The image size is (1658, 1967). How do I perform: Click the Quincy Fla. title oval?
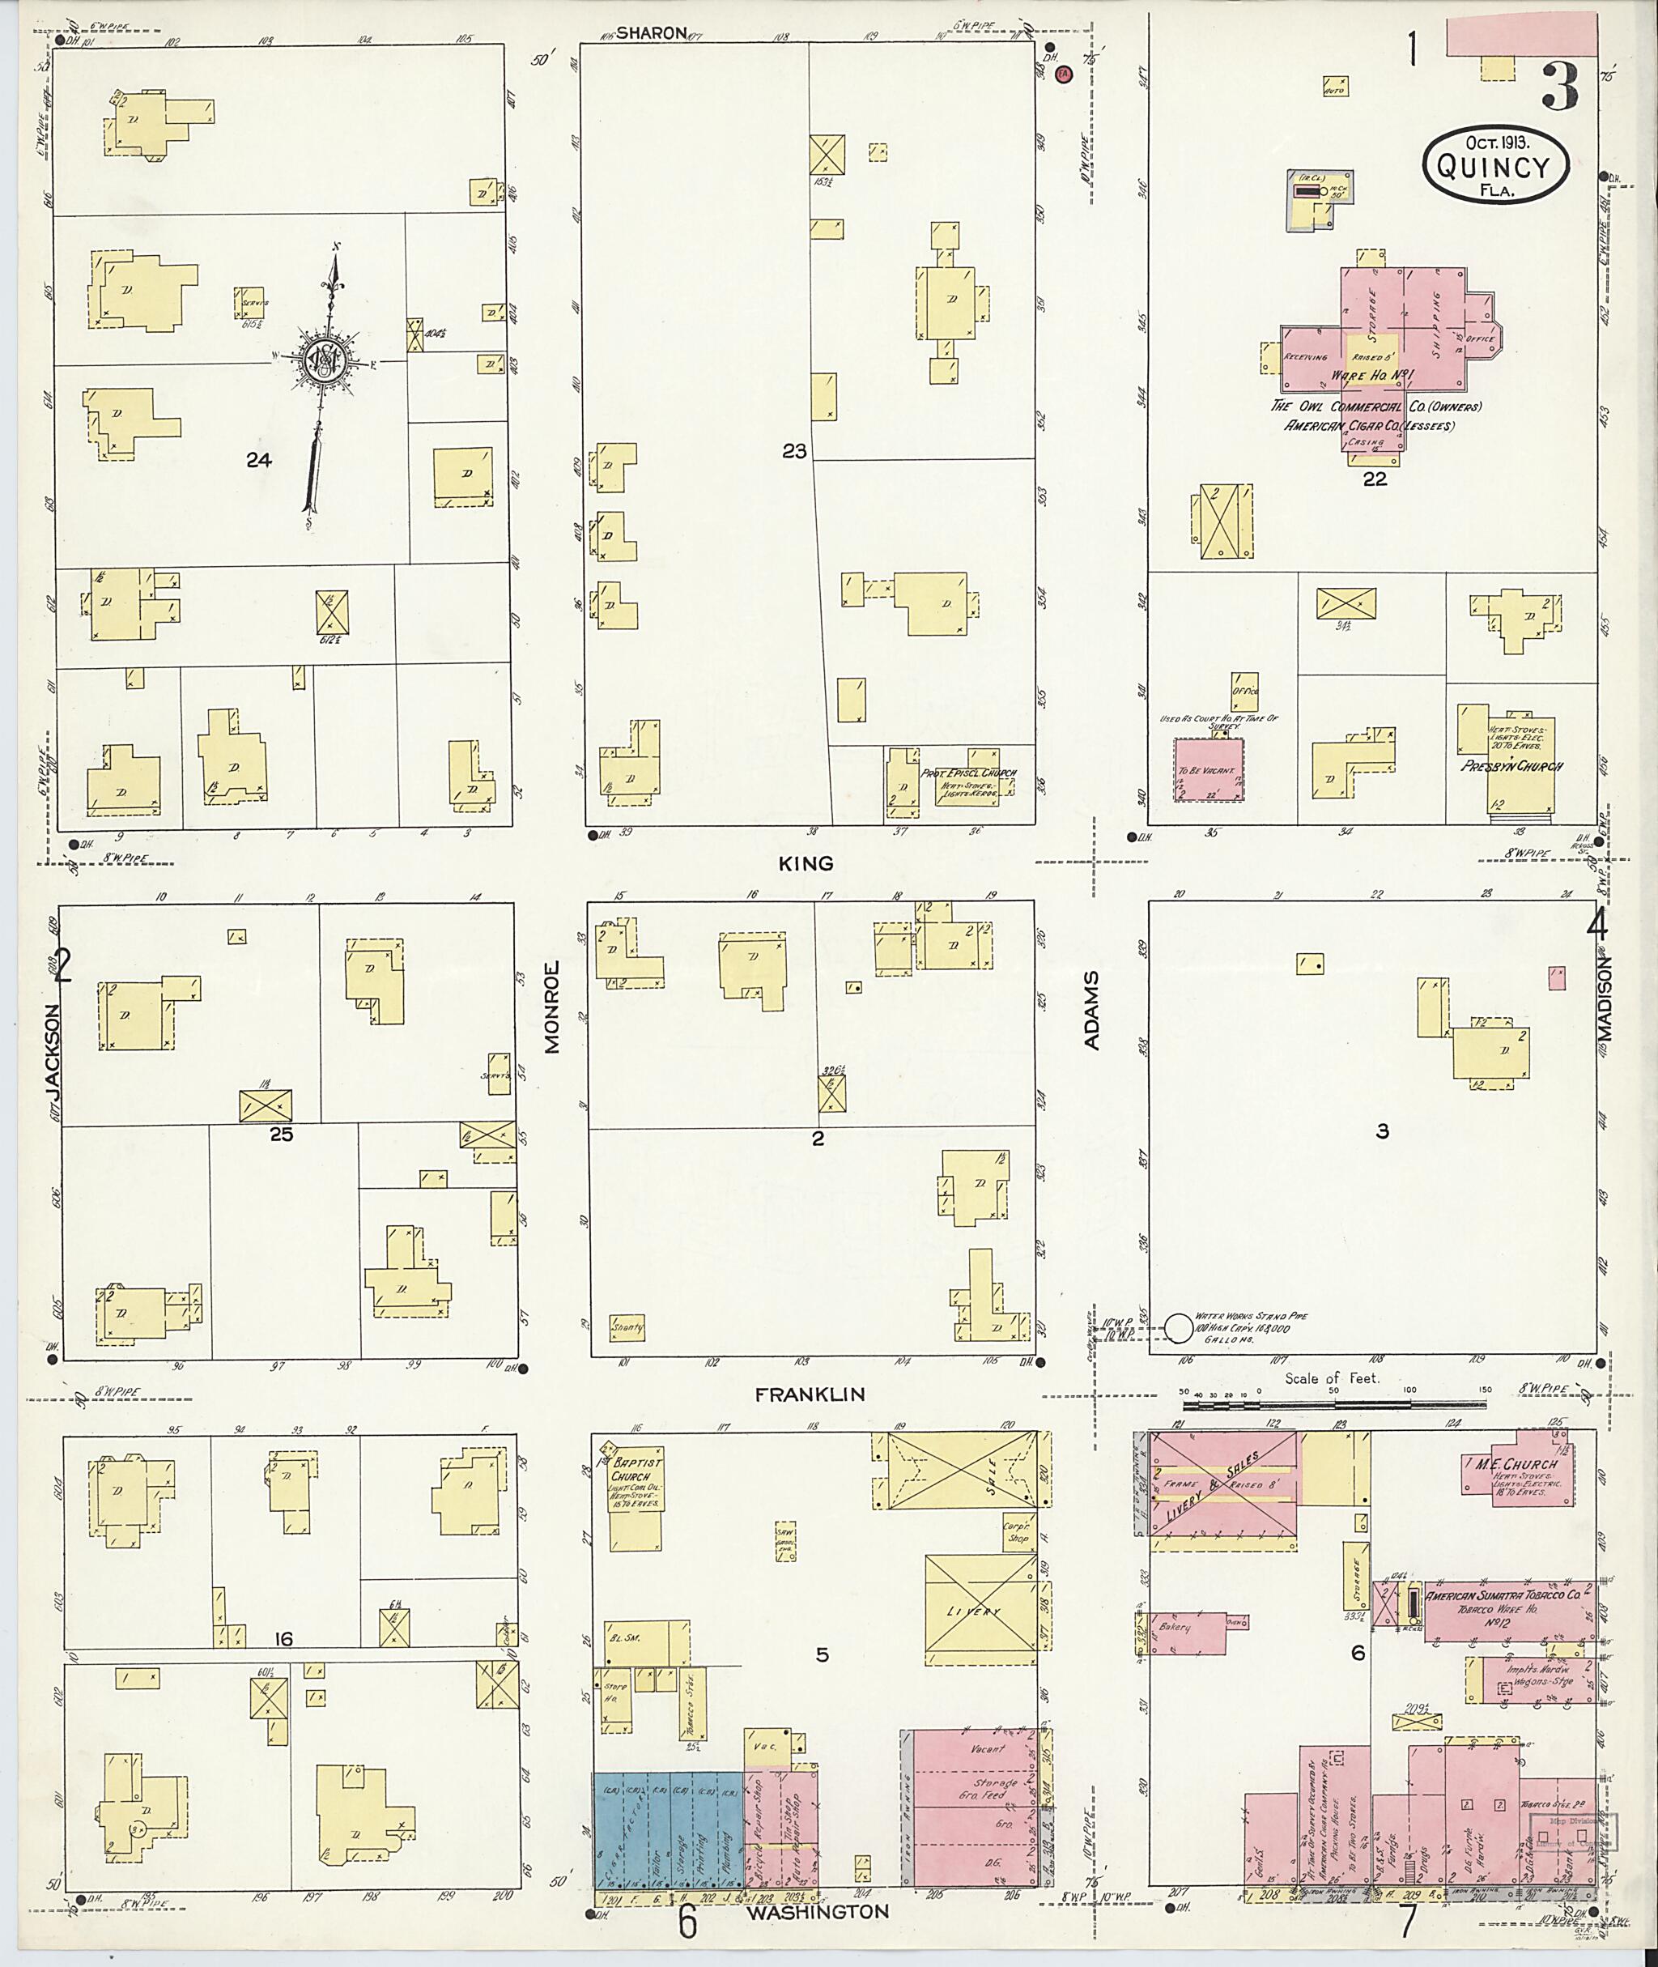pos(1496,165)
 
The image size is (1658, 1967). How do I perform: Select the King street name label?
pos(806,863)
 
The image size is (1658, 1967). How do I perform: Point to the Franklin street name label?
pos(810,1395)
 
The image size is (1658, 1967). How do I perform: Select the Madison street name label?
pos(1603,998)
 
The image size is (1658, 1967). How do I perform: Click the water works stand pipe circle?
pos(1178,1327)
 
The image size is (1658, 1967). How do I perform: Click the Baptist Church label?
pos(637,1471)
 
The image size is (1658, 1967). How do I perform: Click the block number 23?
pos(794,452)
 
